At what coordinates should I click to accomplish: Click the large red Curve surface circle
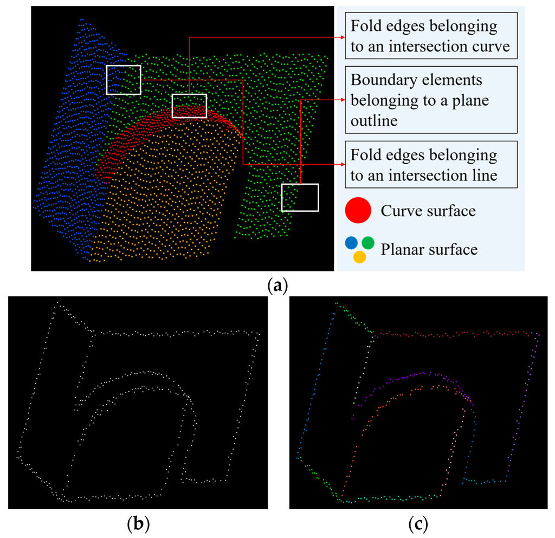point(358,210)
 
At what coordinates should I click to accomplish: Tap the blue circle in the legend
point(351,243)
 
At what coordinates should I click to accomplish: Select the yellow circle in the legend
point(359,256)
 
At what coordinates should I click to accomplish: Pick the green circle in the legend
point(368,243)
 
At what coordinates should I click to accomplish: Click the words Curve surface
point(428,210)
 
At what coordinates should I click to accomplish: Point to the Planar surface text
point(429,249)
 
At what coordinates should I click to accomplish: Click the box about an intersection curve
point(430,36)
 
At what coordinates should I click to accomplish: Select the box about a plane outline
point(430,100)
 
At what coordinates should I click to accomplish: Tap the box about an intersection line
point(430,164)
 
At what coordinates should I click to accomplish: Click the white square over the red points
point(189,106)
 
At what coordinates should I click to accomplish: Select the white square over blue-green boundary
point(124,80)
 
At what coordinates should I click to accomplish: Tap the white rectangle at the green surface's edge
point(300,197)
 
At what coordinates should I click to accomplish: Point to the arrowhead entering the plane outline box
point(343,100)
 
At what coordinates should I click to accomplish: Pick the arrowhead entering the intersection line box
point(343,164)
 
